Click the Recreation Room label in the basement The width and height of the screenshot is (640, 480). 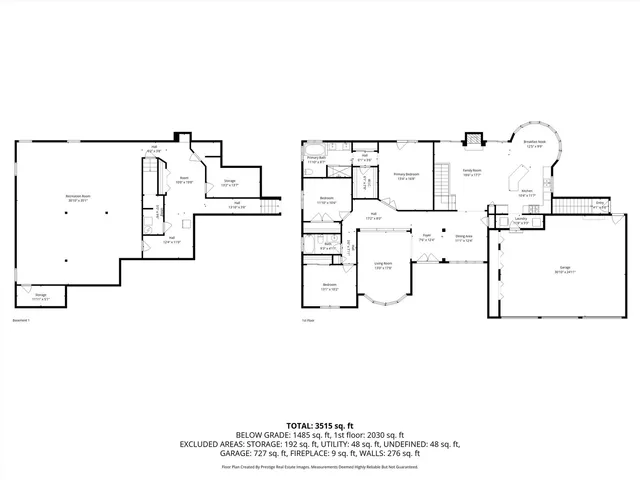pos(77,197)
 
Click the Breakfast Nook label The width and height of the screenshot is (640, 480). pos(535,143)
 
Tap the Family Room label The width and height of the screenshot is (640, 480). pos(473,171)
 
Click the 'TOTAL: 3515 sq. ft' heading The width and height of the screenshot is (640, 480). pos(320,425)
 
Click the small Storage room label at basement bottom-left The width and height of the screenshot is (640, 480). pos(40,296)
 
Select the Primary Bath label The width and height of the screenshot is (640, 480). pos(316,159)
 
